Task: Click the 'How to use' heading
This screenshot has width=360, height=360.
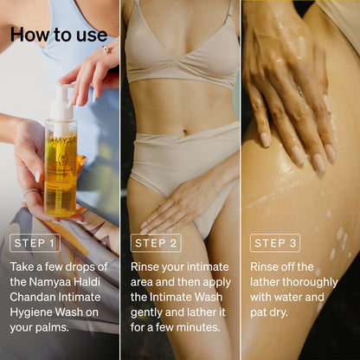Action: (59, 35)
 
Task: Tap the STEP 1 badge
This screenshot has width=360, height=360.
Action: (35, 243)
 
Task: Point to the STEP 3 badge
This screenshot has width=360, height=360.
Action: (274, 243)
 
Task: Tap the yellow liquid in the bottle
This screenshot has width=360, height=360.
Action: (60, 177)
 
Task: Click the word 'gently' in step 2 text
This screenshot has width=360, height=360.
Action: (149, 312)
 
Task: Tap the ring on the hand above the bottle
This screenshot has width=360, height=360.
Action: (106, 49)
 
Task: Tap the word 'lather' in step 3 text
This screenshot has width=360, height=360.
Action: (268, 282)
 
